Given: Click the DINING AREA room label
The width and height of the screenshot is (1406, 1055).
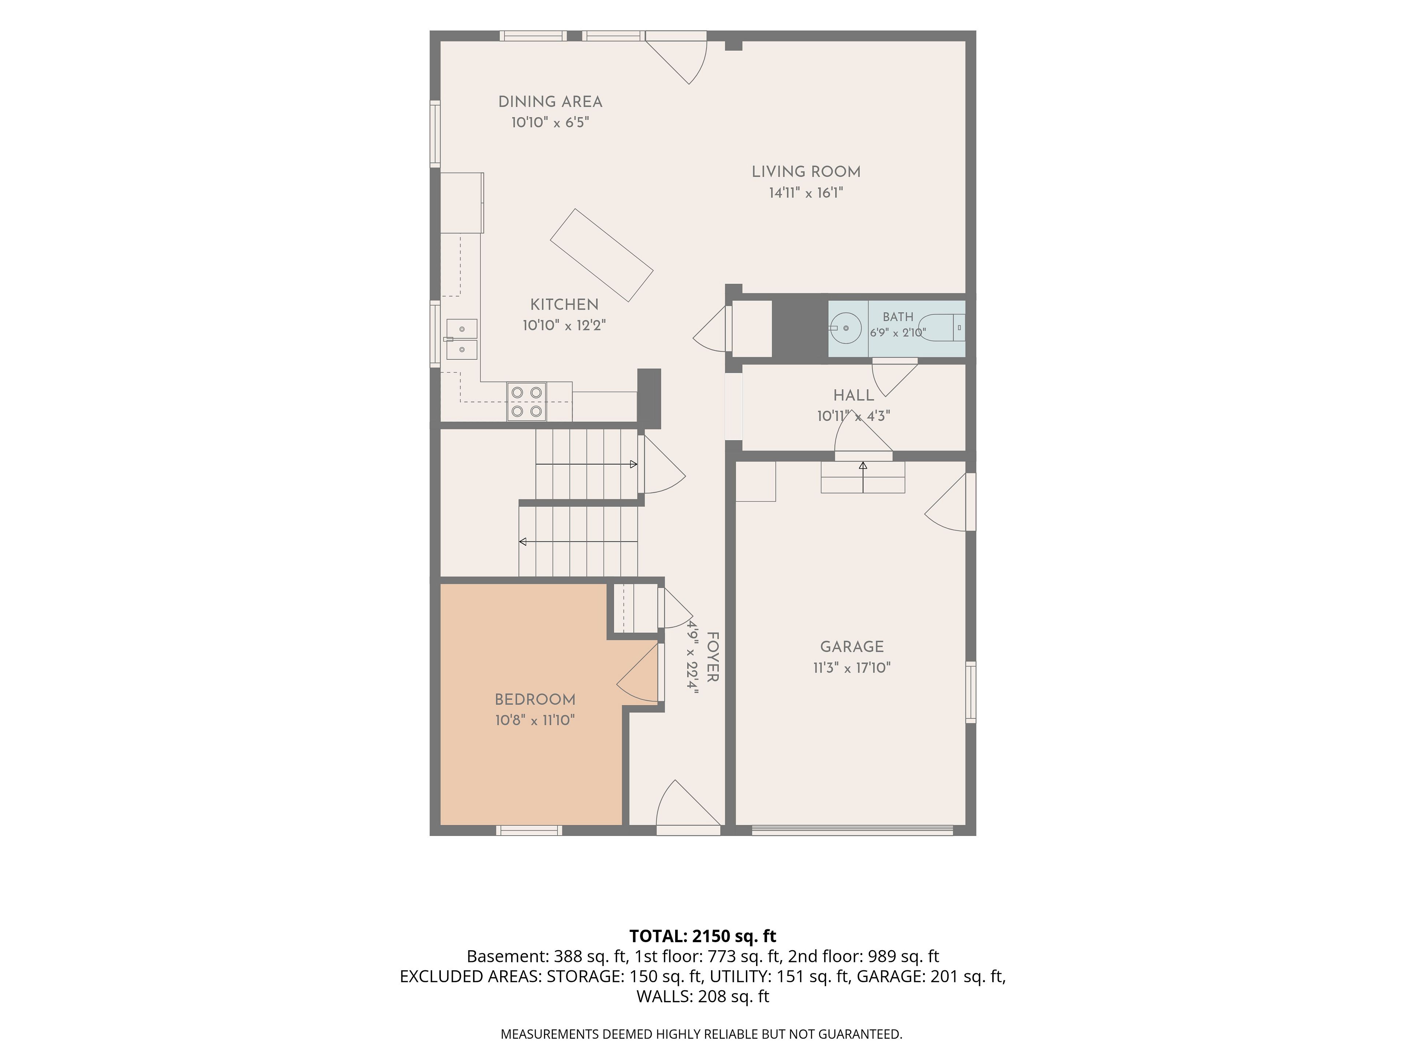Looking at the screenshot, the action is (x=550, y=102).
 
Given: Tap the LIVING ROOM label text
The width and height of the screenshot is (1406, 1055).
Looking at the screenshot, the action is (x=806, y=172).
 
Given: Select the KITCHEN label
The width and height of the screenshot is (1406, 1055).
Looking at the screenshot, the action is (x=565, y=305).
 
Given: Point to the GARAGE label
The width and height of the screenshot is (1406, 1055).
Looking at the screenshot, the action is (x=852, y=647).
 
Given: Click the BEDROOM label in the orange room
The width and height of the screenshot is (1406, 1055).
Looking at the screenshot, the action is (x=535, y=700).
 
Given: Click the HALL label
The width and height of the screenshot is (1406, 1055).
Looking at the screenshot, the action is (x=853, y=396).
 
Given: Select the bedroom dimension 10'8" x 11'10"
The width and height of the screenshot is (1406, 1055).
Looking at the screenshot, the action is (x=535, y=721).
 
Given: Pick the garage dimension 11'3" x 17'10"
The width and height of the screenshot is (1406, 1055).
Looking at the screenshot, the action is (x=852, y=668).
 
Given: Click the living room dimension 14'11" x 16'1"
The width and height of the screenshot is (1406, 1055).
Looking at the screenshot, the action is (x=806, y=193).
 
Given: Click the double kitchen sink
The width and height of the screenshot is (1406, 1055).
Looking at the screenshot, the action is (x=461, y=340).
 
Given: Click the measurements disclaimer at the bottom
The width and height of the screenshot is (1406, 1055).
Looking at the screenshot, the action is (x=702, y=1034).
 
